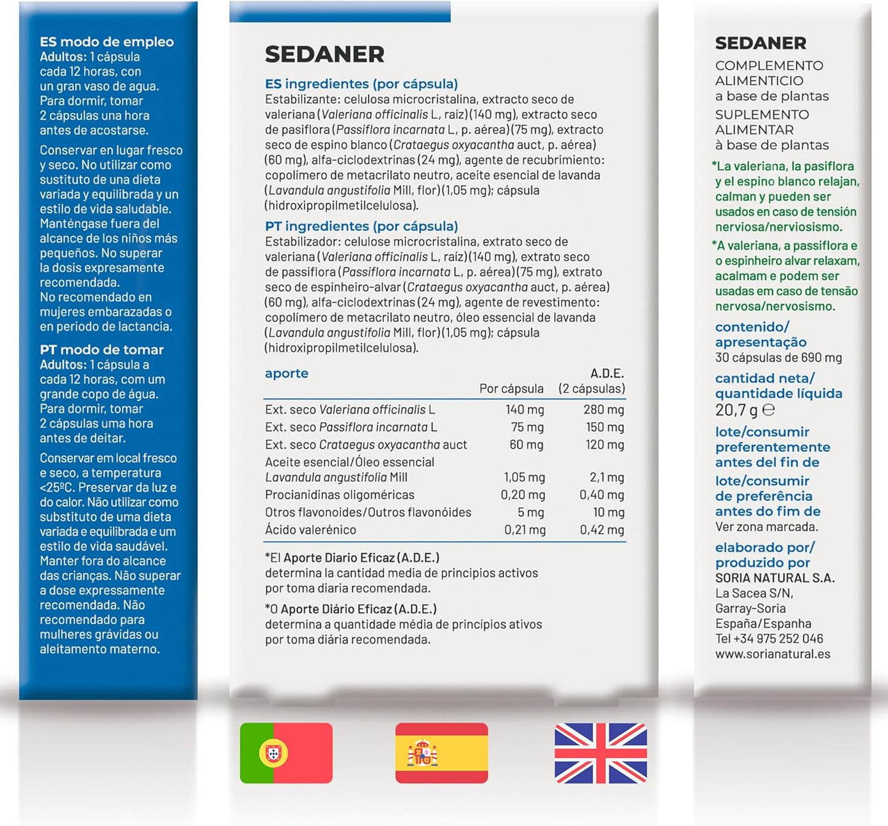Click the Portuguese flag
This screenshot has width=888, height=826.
pos(286,753)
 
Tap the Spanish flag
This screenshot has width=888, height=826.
pos(441,753)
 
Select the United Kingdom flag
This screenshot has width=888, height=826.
pos(600,753)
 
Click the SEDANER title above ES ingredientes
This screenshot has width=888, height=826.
pos(324,55)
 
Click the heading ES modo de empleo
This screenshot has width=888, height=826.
pos(107,42)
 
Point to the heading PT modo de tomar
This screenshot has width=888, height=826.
pos(102,350)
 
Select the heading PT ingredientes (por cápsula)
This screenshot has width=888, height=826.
pos(361,226)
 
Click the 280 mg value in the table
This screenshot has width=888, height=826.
pos(603,409)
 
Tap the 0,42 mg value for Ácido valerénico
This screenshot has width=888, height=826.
pos(602,530)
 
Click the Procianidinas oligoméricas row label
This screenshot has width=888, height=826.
pos(340,495)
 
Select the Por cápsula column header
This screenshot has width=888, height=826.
pos(511,388)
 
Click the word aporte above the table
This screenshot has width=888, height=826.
pos(286,373)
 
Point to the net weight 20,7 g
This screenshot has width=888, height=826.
pos(736,410)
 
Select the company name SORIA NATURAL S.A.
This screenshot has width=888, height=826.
pos(774,578)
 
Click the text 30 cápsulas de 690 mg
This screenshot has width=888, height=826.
pos(779,358)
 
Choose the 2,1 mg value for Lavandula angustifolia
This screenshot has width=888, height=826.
pos(607,477)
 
